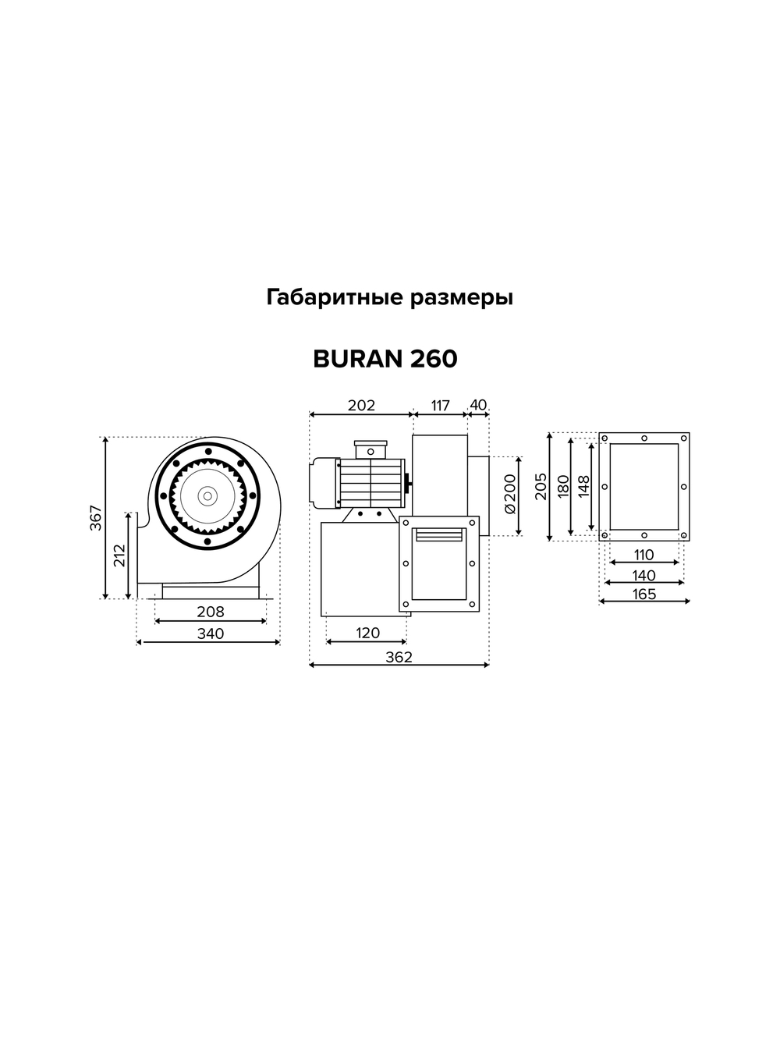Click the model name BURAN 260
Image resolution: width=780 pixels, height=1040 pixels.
tap(385, 359)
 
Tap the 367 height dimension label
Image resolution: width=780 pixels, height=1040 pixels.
tap(96, 518)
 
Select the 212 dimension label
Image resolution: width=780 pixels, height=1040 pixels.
tap(119, 555)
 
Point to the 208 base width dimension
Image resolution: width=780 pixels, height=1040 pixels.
tap(211, 612)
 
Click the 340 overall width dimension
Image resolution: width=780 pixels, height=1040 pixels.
tap(211, 634)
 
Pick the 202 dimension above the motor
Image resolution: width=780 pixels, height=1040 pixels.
tap(361, 406)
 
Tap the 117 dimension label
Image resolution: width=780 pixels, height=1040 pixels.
tap(440, 406)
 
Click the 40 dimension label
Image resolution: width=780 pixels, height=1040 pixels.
tap(478, 405)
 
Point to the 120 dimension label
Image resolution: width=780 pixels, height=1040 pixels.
tap(367, 633)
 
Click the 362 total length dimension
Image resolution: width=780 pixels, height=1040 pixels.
tap(399, 657)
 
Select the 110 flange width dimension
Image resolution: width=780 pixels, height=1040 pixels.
tap(643, 555)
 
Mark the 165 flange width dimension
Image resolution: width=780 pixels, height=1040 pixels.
tap(644, 594)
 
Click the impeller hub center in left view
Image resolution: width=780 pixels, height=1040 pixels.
tap(207, 495)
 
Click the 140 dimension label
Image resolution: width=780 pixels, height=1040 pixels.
tap(644, 575)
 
